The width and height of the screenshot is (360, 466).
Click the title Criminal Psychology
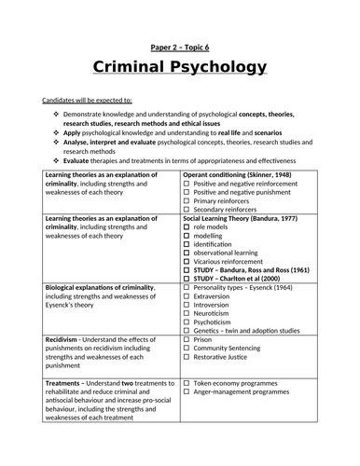point(180,67)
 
